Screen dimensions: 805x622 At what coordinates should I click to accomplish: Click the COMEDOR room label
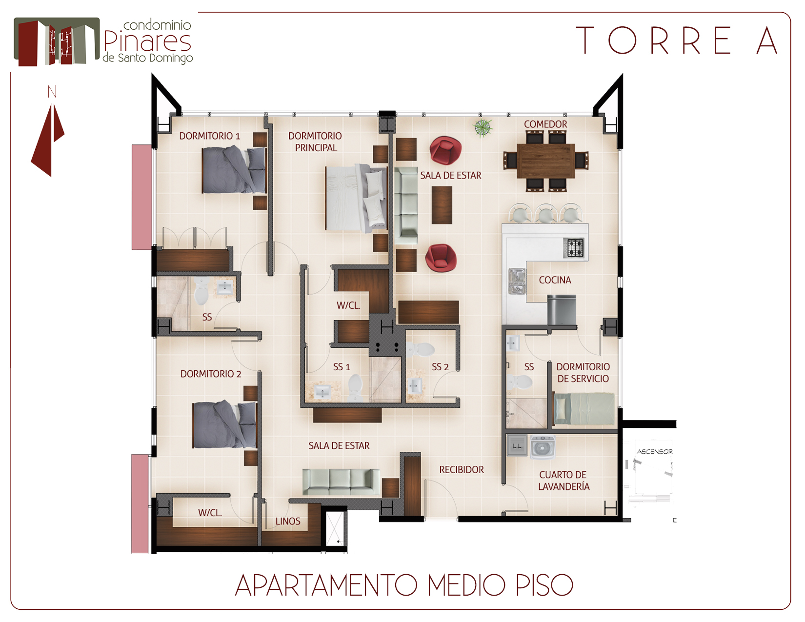point(545,124)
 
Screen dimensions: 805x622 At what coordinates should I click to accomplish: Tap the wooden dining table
point(545,161)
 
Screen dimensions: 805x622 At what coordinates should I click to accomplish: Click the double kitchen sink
point(517,281)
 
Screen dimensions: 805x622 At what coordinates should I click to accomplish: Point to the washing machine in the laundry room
point(543,447)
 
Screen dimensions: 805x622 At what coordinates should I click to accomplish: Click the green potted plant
point(483,128)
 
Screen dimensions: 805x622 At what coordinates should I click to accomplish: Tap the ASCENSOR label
point(655,452)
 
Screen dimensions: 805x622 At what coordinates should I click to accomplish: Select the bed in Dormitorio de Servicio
point(584,409)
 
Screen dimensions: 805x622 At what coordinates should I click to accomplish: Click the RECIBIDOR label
point(462,470)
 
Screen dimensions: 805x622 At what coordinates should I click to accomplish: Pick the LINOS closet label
point(288,521)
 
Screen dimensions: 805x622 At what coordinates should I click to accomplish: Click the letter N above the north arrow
point(52,92)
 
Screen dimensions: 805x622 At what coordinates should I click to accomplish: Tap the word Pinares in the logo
point(147,42)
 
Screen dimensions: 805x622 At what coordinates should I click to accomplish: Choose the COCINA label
point(555,280)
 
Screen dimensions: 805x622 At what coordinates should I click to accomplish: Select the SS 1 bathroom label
point(342,367)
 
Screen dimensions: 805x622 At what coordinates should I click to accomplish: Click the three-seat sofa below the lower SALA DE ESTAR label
point(341,482)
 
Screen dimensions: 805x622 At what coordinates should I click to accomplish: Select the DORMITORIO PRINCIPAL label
point(315,142)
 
